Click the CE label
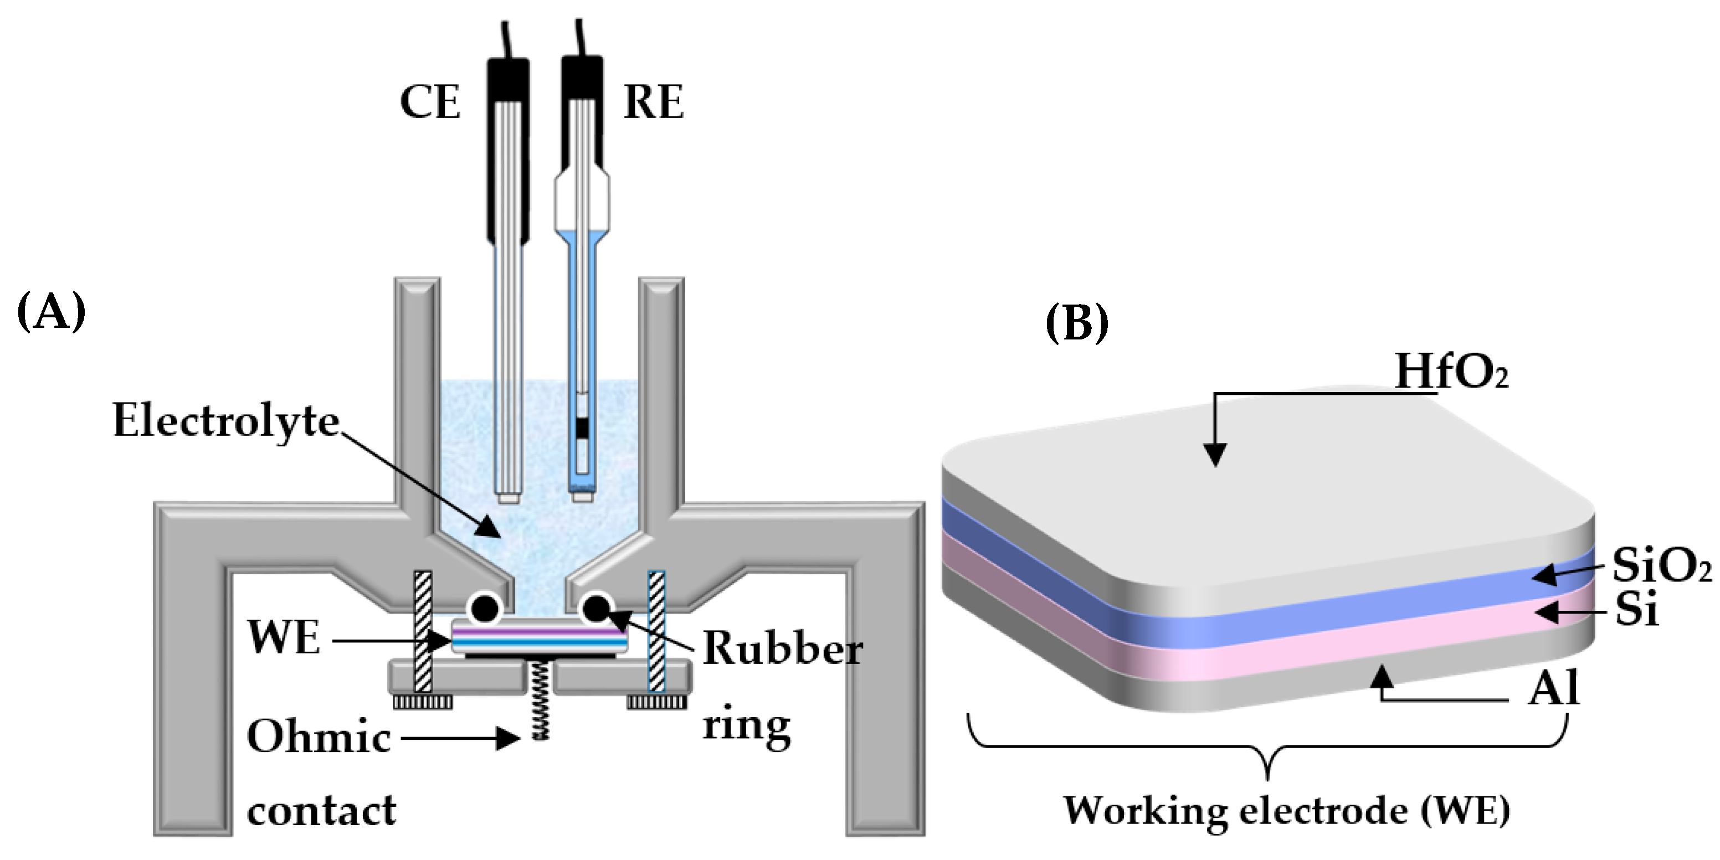tap(430, 103)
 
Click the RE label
tap(653, 103)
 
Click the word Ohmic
tap(319, 737)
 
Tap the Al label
tap(1554, 688)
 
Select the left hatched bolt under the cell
tap(423, 631)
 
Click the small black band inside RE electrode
tap(583, 428)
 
